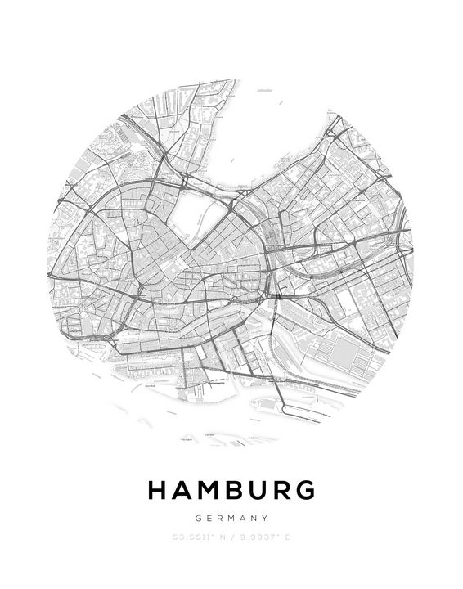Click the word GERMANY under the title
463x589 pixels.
click(x=231, y=518)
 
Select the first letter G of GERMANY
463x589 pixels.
click(x=199, y=518)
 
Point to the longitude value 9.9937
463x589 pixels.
click(x=258, y=537)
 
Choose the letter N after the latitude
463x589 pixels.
click(x=220, y=537)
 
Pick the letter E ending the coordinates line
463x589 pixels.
click(x=287, y=537)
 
